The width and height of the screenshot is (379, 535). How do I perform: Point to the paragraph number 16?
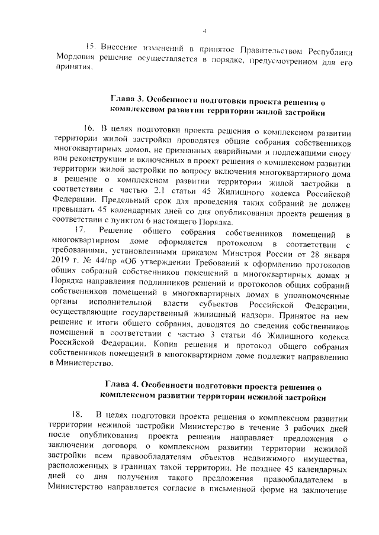(x=89, y=128)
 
